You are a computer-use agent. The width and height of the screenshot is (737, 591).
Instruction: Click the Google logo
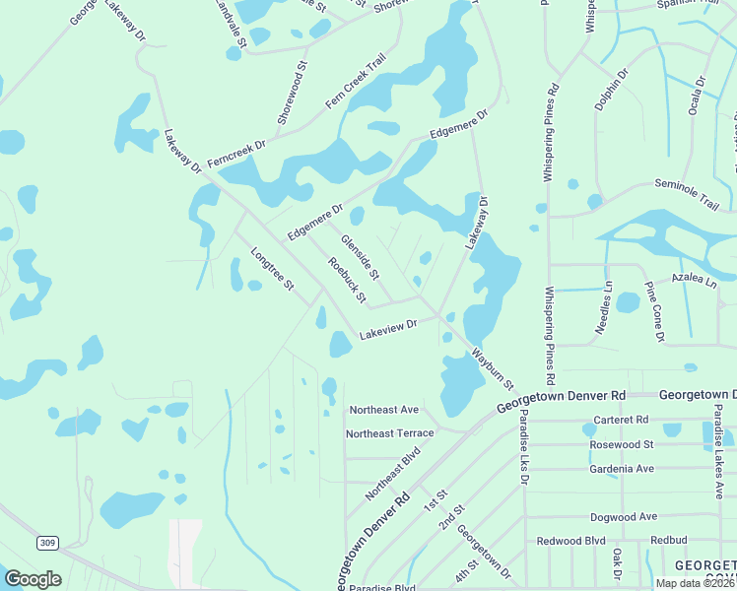click(x=33, y=579)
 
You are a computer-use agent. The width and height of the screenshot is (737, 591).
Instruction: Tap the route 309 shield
click(x=46, y=543)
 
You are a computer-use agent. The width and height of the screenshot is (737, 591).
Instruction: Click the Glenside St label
click(x=360, y=254)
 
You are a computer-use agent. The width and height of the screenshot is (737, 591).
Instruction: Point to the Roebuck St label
click(x=347, y=280)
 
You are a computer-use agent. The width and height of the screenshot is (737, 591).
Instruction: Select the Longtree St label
click(x=272, y=268)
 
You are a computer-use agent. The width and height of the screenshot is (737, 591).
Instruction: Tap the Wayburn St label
click(x=493, y=367)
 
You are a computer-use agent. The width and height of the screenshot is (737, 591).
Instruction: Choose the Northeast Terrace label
click(x=390, y=433)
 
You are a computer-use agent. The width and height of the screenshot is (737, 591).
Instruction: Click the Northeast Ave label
click(x=384, y=409)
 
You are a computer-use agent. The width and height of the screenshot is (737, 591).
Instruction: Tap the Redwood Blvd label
click(x=570, y=541)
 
